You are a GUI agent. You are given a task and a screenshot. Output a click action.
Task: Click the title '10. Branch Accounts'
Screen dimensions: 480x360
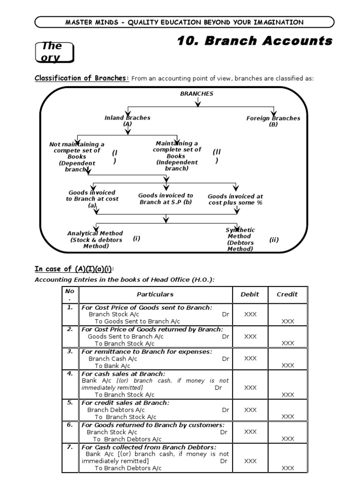[255, 41]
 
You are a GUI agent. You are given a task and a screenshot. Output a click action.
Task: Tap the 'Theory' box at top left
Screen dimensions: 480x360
[55, 52]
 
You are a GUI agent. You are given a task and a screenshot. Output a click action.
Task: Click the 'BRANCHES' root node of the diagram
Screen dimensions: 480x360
[196, 94]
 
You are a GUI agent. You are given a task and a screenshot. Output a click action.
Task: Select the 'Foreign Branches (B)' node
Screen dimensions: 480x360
[273, 121]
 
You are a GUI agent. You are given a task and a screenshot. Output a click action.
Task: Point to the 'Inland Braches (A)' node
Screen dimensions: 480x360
[127, 121]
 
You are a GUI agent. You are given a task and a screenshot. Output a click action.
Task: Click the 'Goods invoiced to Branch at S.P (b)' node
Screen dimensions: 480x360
[165, 199]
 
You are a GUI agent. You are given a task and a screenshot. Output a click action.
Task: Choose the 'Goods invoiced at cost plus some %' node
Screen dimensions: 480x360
[235, 200]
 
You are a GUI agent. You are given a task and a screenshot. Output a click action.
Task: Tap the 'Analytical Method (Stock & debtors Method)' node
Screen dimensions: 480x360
[95, 240]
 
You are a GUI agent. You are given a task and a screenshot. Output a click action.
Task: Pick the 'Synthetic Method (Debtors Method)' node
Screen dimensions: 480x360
[240, 240]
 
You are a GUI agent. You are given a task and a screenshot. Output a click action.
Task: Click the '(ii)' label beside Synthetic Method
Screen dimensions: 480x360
[274, 240]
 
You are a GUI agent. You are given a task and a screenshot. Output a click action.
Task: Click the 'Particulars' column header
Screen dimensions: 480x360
[155, 294]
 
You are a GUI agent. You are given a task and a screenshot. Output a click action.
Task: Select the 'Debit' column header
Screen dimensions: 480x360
[250, 294]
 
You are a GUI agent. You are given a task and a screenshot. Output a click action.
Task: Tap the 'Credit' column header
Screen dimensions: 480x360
[287, 294]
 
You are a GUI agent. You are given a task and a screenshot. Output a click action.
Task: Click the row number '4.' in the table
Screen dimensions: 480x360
[70, 374]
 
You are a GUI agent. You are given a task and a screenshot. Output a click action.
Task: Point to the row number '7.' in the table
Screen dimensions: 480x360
[70, 447]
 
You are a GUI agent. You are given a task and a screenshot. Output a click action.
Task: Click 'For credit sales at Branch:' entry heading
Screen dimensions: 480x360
[126, 403]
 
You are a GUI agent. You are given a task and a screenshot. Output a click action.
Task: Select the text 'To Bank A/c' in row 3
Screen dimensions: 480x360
[112, 366]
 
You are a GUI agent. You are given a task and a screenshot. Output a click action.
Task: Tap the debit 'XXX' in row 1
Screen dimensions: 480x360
[250, 314]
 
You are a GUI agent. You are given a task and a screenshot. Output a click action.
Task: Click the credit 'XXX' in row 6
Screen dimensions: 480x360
[288, 439]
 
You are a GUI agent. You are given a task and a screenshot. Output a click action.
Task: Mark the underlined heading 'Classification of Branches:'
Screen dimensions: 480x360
[82, 78]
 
